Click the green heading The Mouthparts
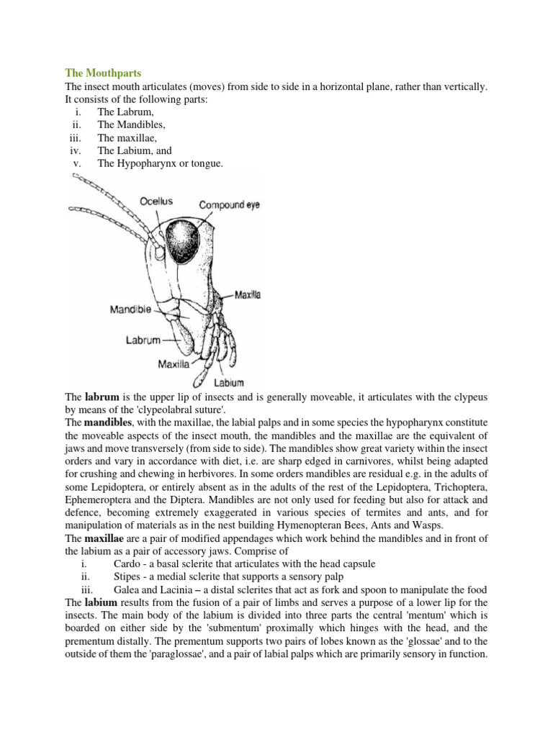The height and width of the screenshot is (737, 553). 103,73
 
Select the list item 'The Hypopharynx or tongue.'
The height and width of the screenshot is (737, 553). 160,163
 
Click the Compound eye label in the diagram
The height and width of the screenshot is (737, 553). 229,205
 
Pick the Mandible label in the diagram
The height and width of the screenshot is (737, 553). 130,309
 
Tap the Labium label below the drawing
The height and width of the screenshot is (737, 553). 229,383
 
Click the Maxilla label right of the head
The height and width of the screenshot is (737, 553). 248,294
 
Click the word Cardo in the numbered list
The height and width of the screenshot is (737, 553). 127,564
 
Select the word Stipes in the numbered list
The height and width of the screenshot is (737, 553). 127,577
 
